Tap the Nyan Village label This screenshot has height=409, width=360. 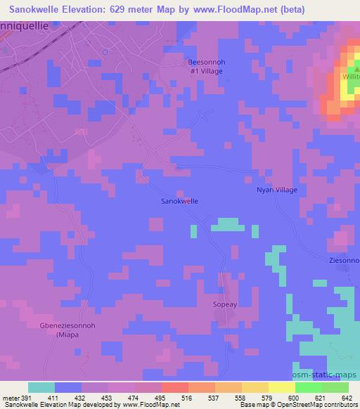[x=276, y=190]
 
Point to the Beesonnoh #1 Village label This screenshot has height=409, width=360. [x=206, y=66]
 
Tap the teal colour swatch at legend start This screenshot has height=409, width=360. [x=41, y=387]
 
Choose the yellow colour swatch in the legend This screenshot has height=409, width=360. [x=255, y=387]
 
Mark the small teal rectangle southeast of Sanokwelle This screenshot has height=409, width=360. [x=226, y=224]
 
